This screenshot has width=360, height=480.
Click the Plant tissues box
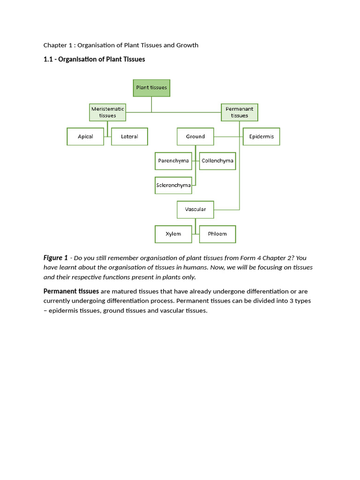click(151, 88)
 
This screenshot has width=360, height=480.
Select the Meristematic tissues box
click(108, 112)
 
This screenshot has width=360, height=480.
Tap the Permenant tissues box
click(240, 112)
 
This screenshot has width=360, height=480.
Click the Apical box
click(85, 136)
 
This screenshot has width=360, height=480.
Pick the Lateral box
click(129, 136)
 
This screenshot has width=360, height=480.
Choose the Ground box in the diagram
click(195, 136)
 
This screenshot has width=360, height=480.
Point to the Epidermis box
click(262, 136)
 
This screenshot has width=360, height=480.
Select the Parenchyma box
click(173, 161)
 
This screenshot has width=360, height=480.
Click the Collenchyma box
click(217, 161)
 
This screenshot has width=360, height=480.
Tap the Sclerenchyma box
click(173, 185)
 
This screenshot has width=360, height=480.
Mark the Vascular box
click(195, 210)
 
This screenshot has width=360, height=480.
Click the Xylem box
click(173, 234)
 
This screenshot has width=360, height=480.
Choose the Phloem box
click(217, 234)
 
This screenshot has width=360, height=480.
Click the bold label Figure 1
click(56, 258)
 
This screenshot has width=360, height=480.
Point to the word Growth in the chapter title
click(187, 45)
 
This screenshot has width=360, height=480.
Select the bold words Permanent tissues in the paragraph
click(71, 292)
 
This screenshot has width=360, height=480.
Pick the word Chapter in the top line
click(55, 45)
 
